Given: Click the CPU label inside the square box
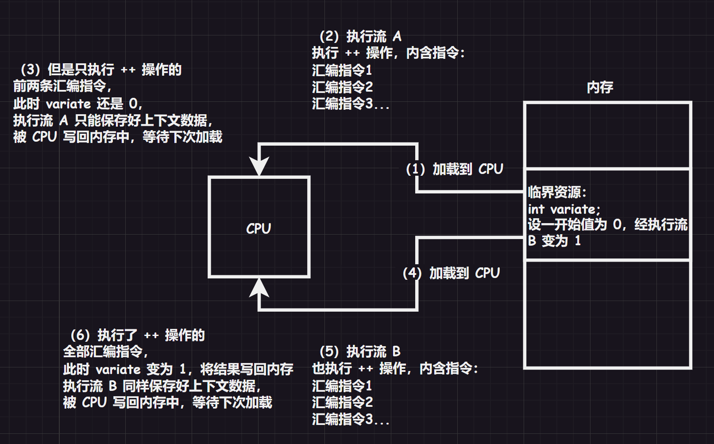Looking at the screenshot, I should [259, 228].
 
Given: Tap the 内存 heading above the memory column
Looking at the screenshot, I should [600, 87].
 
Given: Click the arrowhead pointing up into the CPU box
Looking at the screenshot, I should [259, 287].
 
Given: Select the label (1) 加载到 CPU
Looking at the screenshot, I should [455, 169].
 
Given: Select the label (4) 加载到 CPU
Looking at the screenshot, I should [451, 273].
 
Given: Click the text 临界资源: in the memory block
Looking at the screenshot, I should [557, 192].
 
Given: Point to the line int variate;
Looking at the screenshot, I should [564, 209].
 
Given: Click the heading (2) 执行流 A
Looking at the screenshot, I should [360, 36].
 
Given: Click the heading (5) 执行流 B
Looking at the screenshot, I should [360, 351].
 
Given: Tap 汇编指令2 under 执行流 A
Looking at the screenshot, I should [342, 87].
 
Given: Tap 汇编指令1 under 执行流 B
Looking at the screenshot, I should [342, 386].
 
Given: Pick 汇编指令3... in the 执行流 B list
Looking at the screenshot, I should [351, 419].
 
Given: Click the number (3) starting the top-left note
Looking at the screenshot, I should [30, 69].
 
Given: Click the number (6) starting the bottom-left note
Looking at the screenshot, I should [80, 335].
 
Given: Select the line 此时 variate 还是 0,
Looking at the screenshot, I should [77, 104].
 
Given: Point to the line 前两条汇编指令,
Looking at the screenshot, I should [62, 86].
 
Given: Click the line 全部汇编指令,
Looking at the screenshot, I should [105, 351].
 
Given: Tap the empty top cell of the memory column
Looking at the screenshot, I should [607, 135].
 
